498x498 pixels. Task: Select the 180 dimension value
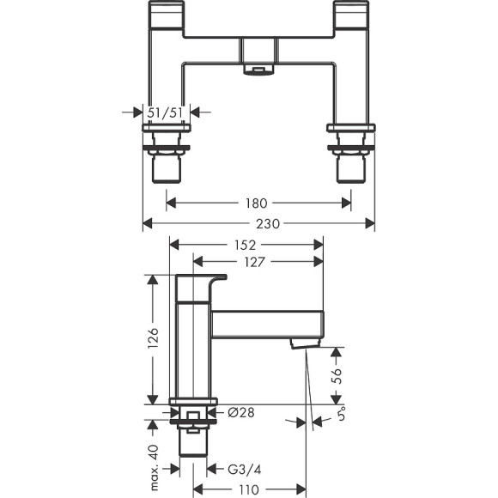point(257,203)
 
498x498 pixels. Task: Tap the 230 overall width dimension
point(257,224)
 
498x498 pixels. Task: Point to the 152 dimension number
point(246,245)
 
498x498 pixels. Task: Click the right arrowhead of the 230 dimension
point(371,224)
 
